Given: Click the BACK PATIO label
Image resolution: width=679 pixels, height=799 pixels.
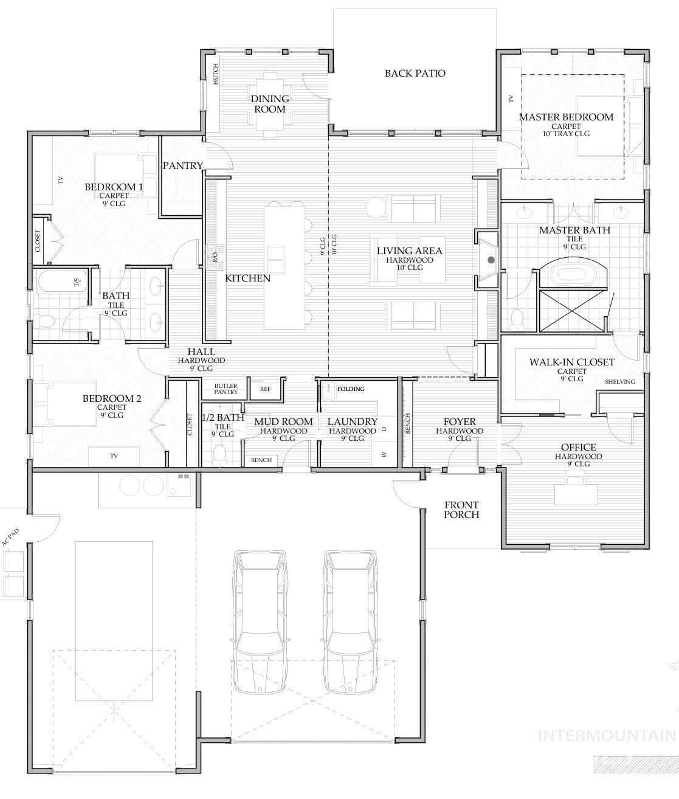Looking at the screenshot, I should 415,74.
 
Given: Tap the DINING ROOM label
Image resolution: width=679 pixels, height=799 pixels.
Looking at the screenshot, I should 270,104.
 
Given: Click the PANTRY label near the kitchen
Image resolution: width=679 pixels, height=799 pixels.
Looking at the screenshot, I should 182,165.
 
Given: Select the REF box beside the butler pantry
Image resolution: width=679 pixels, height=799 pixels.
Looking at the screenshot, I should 265,389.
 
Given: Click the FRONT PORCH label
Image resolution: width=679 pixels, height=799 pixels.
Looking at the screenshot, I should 461,510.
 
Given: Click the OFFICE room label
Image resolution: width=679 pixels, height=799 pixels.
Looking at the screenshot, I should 579,448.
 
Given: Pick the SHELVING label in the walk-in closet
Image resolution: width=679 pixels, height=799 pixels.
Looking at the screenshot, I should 619,382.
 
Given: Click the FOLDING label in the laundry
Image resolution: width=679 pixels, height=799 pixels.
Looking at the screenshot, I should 351,389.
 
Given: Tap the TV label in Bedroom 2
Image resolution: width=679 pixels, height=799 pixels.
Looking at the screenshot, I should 114,455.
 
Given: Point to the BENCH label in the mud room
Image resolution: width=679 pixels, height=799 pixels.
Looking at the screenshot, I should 261,460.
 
